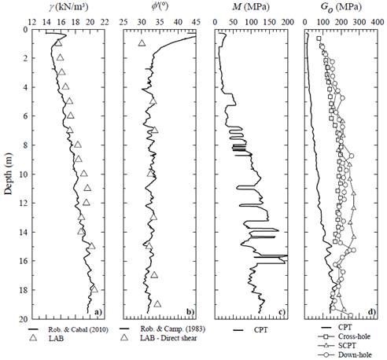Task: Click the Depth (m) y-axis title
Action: pyautogui.click(x=7, y=174)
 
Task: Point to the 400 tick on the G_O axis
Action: pyautogui.click(x=375, y=21)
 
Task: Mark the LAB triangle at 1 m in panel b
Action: pyautogui.click(x=142, y=43)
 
